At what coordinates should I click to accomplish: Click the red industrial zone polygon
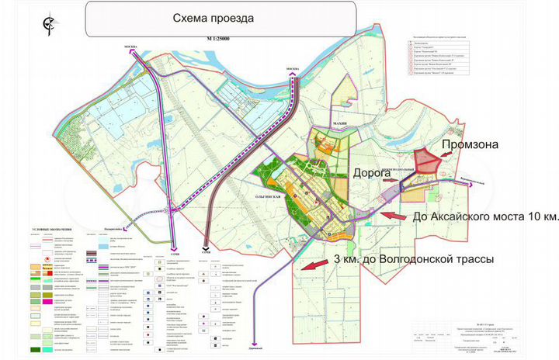coord(424,162)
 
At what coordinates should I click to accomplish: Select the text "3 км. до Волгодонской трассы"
coord(412,258)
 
